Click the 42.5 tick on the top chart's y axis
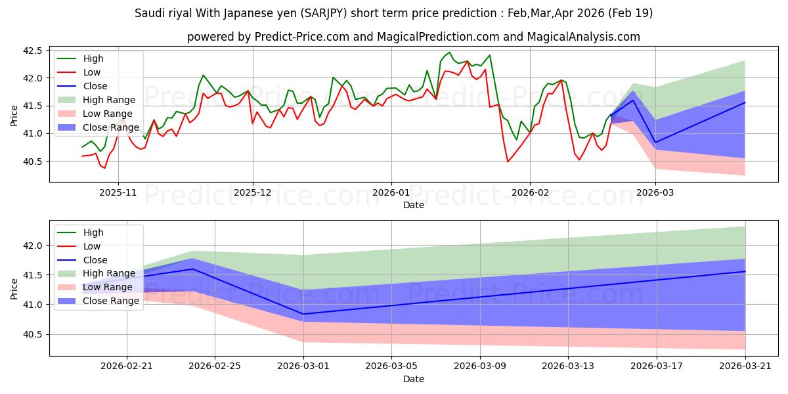click(32, 51)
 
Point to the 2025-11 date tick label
click(118, 193)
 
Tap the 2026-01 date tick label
click(391, 193)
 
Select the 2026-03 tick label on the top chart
click(655, 193)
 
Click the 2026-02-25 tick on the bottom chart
click(215, 366)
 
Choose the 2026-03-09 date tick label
click(480, 366)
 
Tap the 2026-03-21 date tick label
click(745, 366)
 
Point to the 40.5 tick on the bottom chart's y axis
click(32, 334)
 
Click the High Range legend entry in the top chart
click(109, 100)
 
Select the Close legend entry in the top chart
click(95, 86)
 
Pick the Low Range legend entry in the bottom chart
click(108, 288)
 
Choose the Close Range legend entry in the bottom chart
click(111, 301)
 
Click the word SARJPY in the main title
click(323, 13)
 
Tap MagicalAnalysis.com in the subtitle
click(583, 37)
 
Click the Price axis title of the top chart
click(14, 116)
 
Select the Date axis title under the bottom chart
click(414, 379)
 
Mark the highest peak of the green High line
click(449, 53)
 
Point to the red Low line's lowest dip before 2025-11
click(104, 168)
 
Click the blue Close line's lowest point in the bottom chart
click(303, 314)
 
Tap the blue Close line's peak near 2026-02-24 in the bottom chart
click(193, 269)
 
